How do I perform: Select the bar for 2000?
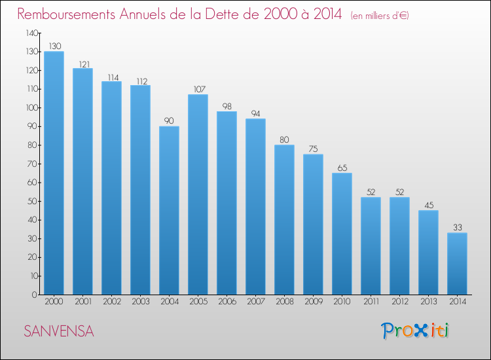[54, 173]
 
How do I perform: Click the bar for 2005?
[198, 194]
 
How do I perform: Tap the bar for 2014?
[457, 264]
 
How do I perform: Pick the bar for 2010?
[342, 234]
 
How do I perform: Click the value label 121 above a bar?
[84, 65]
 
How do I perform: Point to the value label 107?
[200, 89]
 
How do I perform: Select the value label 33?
[458, 227]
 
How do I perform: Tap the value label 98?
[227, 107]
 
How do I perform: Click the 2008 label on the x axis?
[285, 302]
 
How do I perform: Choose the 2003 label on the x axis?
[141, 302]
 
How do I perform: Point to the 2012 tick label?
[400, 302]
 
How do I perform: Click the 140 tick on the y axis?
[32, 33]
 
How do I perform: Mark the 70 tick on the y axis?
[33, 164]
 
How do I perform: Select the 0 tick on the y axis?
[35, 295]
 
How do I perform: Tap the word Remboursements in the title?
[66, 14]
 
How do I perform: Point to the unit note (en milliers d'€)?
[380, 15]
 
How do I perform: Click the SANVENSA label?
[59, 331]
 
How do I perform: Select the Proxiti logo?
[415, 331]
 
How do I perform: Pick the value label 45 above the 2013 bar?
[429, 205]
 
